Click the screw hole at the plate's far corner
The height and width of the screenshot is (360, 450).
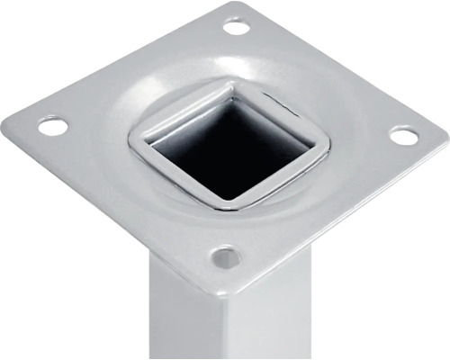[x=236, y=27]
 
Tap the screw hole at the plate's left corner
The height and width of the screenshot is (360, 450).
[x=53, y=127]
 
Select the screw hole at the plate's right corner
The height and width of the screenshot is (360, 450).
[x=403, y=136]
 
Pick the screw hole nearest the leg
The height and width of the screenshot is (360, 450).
[x=225, y=258]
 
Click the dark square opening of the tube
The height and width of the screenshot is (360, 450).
[x=229, y=148]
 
